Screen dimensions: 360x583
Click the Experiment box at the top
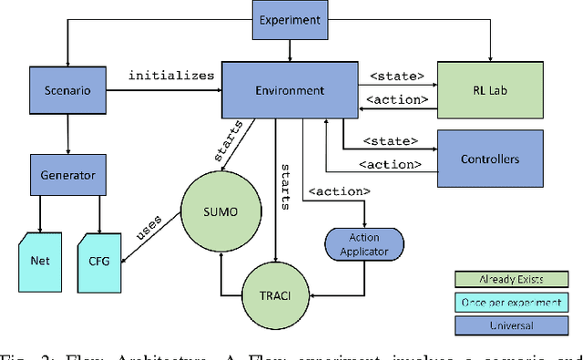pyautogui.click(x=290, y=20)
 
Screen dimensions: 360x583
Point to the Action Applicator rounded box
pyautogui.click(x=363, y=245)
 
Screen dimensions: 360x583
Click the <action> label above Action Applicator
pyautogui.click(x=340, y=191)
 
